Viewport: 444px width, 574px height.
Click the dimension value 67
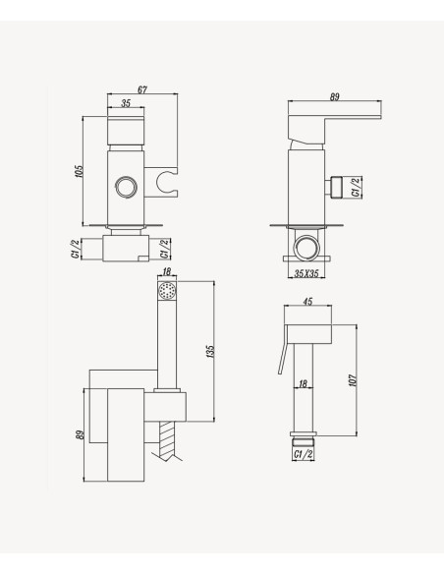(x=142, y=89)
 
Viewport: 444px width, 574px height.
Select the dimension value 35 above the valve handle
(x=126, y=103)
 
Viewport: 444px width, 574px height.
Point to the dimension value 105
(x=79, y=172)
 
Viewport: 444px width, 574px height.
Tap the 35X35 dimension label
(x=306, y=273)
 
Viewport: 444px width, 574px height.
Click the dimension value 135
(x=210, y=351)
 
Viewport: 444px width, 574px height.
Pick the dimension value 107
(x=353, y=380)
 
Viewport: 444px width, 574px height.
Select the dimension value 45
(x=307, y=302)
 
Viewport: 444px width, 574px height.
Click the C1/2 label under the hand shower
(x=304, y=454)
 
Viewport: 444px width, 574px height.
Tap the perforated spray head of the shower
(x=167, y=291)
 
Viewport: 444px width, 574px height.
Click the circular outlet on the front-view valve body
(x=126, y=188)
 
